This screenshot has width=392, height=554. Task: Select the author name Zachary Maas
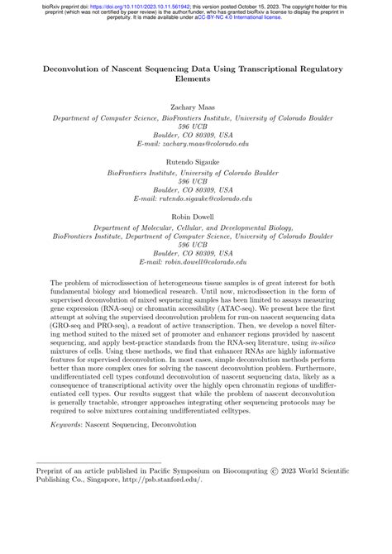(x=196, y=107)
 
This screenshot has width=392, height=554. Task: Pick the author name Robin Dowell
(x=196, y=216)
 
